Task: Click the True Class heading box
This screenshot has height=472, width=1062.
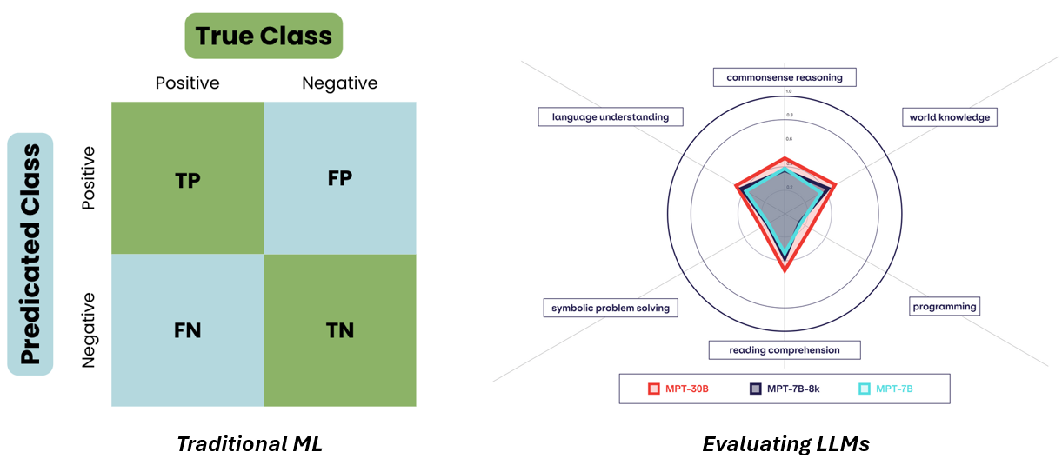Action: coord(264,36)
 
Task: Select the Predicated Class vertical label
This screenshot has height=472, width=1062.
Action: coord(30,254)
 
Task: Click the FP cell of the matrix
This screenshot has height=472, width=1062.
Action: coord(339,178)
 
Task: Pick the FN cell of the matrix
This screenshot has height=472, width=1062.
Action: coord(187,330)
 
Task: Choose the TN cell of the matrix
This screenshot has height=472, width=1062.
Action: coord(339,330)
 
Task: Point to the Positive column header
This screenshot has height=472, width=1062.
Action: coord(187,83)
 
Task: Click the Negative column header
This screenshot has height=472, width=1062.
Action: coord(339,83)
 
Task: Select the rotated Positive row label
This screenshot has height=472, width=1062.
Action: coord(89,177)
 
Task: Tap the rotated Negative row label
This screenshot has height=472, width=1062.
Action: coord(89,330)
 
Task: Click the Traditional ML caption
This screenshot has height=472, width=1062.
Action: coord(250,444)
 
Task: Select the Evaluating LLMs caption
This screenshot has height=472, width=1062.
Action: coord(785,444)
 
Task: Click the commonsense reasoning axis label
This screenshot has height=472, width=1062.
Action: coord(785,77)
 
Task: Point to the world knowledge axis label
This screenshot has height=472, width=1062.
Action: coord(949,117)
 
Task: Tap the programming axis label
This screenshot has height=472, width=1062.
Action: coord(945,306)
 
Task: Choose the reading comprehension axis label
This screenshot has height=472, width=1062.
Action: coord(785,350)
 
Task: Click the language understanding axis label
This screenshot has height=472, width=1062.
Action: coord(611,116)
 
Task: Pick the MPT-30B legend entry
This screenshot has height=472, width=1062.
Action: coord(679,389)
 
